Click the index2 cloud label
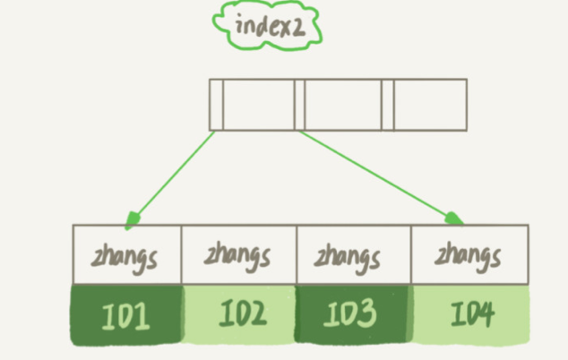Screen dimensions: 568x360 coord(267,25)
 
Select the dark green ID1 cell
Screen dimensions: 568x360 coord(126,314)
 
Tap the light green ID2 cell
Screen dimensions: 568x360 coord(239,313)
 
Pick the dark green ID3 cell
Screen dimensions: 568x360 coord(352,313)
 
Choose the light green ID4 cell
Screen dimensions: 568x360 coord(470,314)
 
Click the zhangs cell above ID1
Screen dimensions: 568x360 coord(127,254)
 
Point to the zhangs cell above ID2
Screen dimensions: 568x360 coord(239,254)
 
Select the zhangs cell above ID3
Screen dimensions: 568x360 coord(354,254)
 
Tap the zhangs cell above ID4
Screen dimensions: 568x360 coord(469,254)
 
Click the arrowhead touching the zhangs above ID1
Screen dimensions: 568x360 coord(133,220)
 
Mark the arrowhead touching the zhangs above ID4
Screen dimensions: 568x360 coord(453,219)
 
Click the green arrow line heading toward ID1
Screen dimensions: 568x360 coord(170,180)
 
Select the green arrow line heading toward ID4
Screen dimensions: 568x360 coord(381,177)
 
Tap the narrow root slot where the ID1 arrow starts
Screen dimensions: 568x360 coord(216,105)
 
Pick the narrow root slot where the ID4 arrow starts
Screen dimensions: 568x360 coord(299,105)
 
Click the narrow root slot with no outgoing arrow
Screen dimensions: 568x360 coord(388,105)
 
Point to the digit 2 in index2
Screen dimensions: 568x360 coord(298,29)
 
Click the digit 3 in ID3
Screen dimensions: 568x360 coord(366,313)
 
